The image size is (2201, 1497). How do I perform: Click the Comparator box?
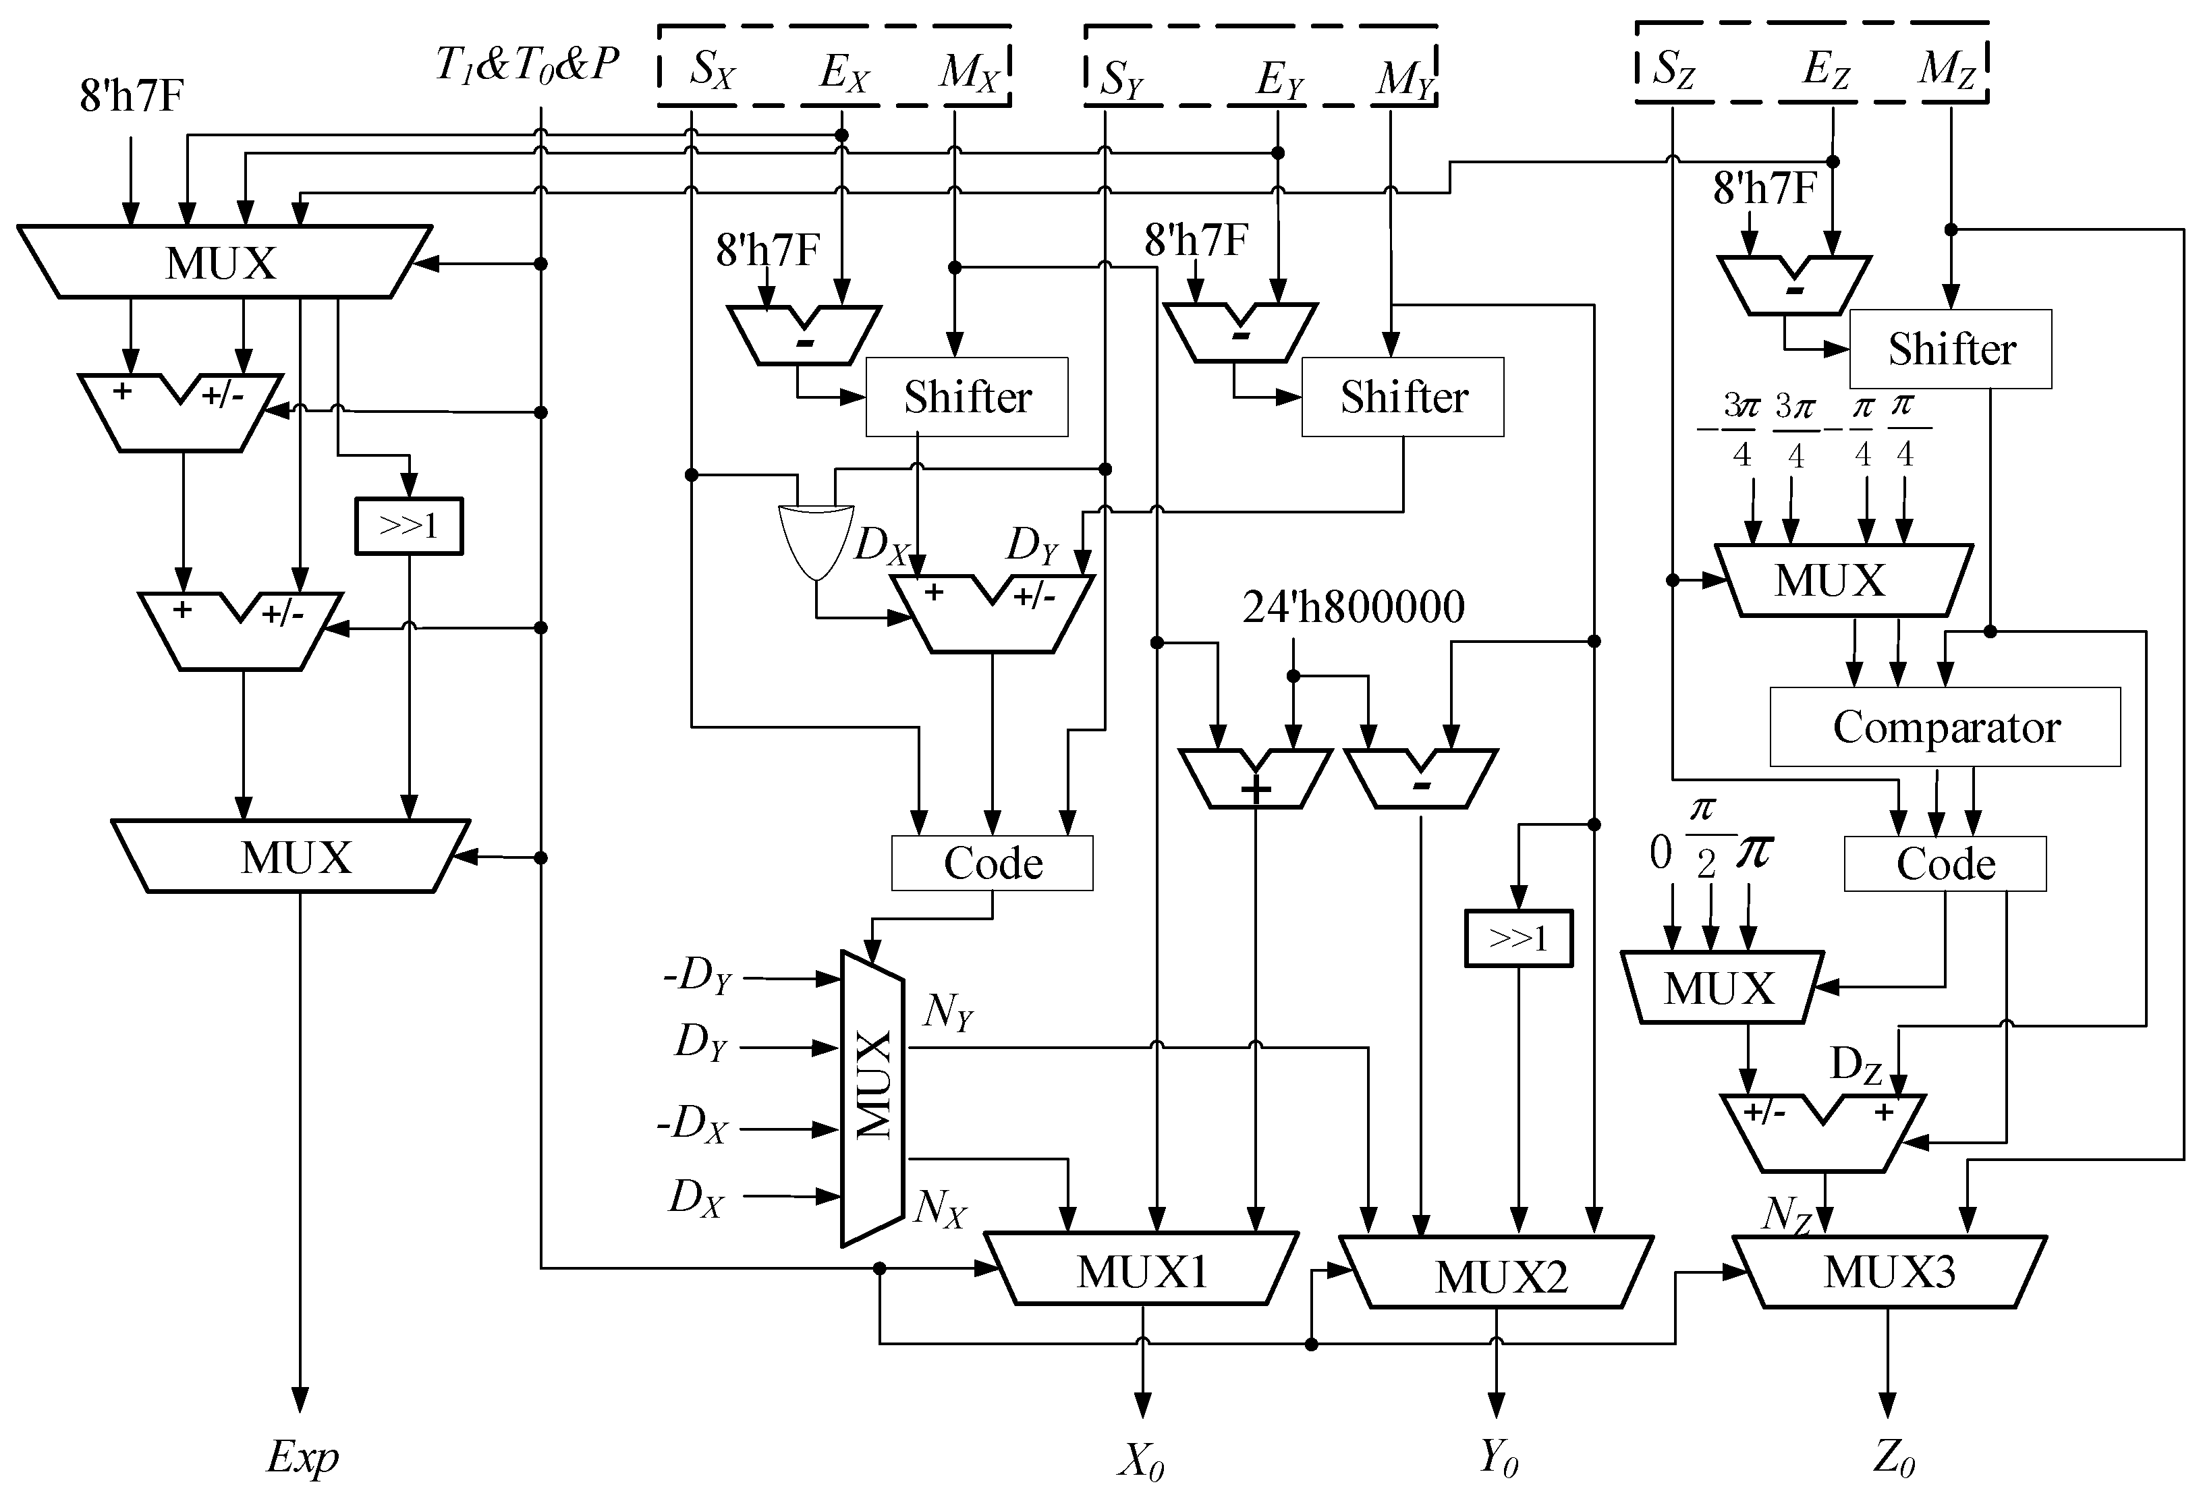(x=1945, y=727)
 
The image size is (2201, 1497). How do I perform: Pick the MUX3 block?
(x=1889, y=1272)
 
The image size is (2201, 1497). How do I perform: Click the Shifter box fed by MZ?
(x=1951, y=349)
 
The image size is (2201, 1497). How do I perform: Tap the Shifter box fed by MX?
(x=967, y=397)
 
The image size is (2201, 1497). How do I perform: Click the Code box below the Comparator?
(x=1945, y=864)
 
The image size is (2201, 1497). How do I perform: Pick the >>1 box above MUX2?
(x=1518, y=938)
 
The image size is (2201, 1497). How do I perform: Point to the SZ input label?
(x=1673, y=69)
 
